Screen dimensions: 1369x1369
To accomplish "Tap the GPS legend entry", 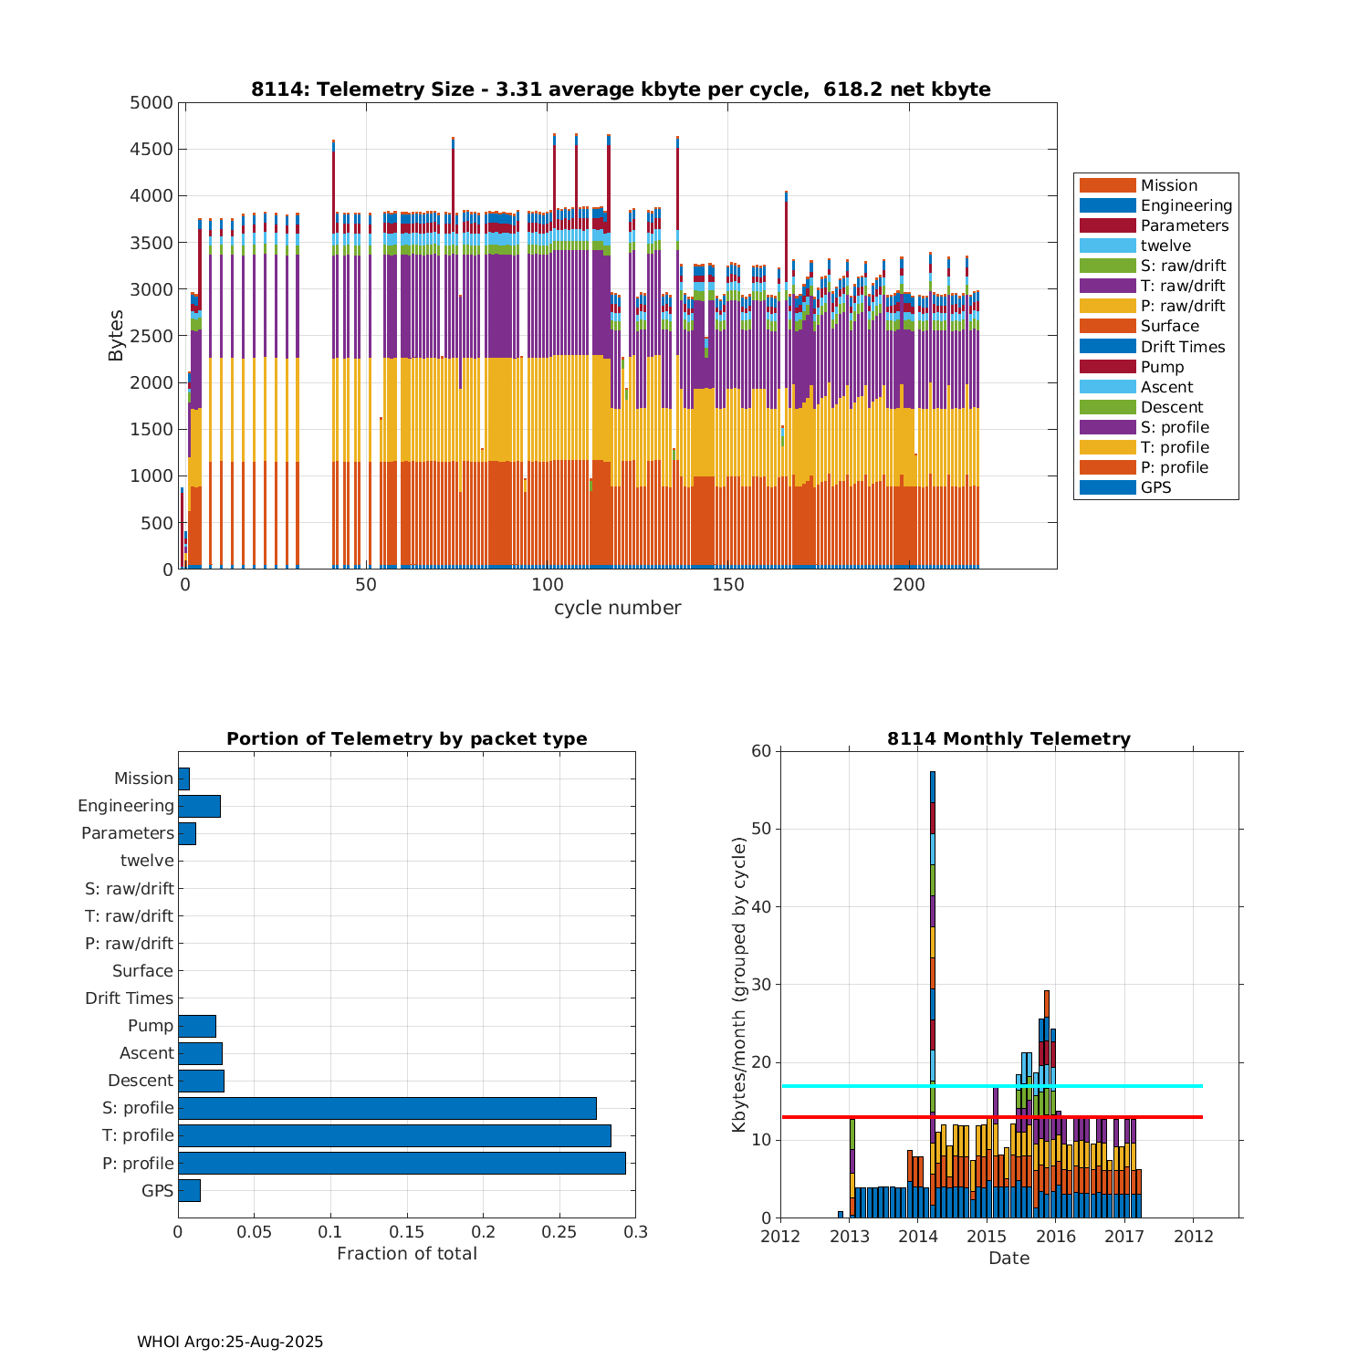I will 1155,487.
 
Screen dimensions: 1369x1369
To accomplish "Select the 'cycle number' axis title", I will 617,608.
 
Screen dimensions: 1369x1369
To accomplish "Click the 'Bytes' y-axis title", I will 116,336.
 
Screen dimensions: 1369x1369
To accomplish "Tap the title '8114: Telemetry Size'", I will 621,89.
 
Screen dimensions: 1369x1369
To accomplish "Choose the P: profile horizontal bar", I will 402,1163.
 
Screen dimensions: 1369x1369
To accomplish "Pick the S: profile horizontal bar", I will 387,1108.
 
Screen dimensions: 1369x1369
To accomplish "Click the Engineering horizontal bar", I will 199,806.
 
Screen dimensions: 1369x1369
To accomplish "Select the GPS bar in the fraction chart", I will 189,1190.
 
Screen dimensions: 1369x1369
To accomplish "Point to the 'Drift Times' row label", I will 129,998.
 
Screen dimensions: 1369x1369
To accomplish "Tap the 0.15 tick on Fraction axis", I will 407,1232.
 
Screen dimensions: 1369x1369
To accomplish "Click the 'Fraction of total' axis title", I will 407,1254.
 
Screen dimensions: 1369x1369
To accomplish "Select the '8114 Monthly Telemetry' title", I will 1008,739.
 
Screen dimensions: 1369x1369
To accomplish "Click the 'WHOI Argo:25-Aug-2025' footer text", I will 230,1342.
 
